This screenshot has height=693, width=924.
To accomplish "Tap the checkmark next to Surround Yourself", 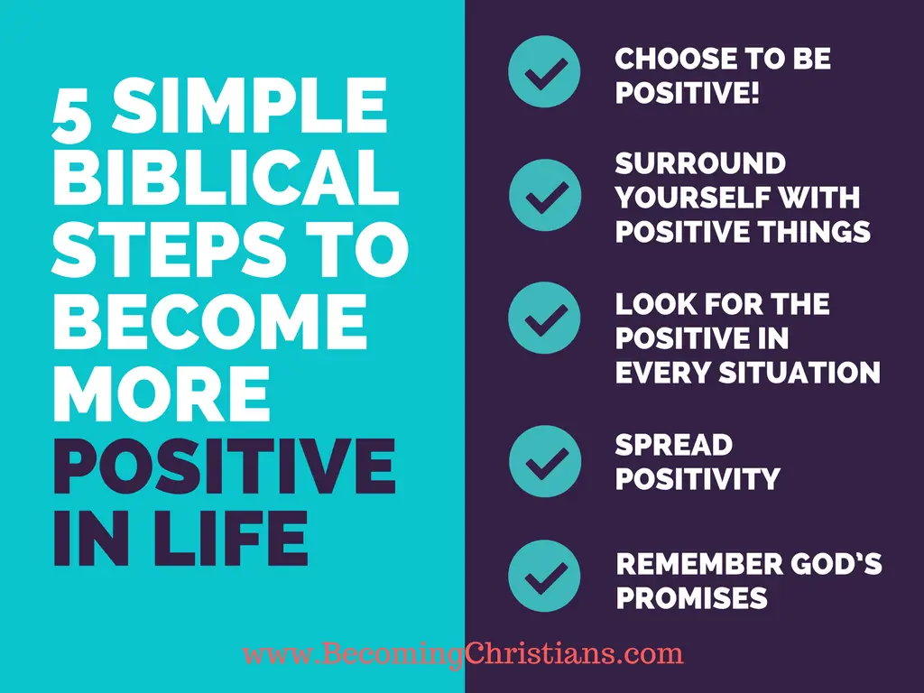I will tap(544, 195).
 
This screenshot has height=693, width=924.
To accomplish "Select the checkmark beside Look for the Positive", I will tap(544, 317).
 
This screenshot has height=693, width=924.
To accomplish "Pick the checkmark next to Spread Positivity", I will tap(544, 462).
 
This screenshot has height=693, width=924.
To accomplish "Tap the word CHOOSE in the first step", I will tap(664, 60).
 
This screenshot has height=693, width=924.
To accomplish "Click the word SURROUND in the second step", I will tap(700, 164).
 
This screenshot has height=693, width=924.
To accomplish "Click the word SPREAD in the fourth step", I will tap(673, 445).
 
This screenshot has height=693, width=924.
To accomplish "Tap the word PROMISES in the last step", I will tap(691, 597).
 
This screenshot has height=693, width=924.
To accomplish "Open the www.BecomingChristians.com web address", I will tap(463, 652).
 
